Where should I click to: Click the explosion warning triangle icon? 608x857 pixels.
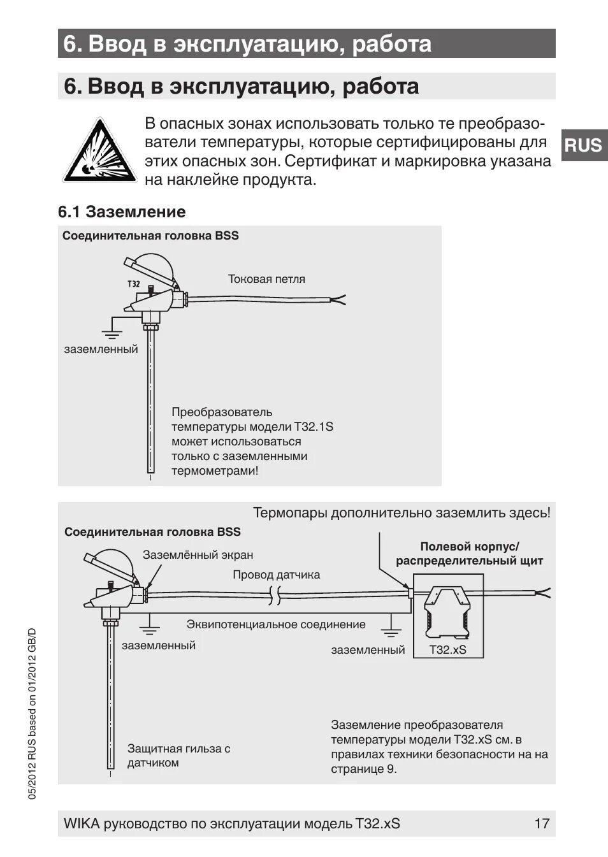coord(99,150)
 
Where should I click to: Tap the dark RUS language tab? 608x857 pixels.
coord(583,145)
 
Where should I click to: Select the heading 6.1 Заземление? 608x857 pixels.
coord(122,212)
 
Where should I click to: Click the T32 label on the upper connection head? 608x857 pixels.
coord(133,284)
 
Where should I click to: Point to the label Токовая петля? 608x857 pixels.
coord(266,279)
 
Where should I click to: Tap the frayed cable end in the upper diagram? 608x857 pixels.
coord(338,299)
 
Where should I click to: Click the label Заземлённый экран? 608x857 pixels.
coord(198,555)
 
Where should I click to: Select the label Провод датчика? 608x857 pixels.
coord(276,575)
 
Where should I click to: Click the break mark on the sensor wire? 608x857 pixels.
coord(275,596)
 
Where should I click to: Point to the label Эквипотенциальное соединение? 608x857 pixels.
coord(276,624)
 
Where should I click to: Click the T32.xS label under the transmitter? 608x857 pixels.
coord(447,649)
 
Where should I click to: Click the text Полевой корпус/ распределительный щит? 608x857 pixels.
coord(470,554)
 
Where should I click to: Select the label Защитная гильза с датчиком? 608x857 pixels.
coord(178,756)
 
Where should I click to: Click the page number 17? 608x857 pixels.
coord(541,823)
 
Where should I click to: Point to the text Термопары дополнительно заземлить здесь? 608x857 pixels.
coord(402,513)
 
